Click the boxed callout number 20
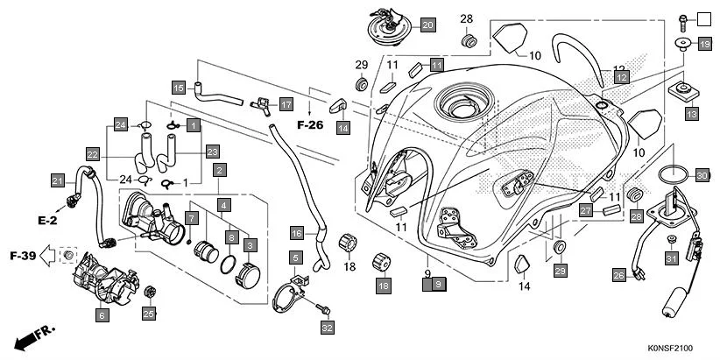coord(427,25)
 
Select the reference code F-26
coord(311,125)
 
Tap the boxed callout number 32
coord(327,328)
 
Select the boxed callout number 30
coord(702,175)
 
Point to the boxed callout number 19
coord(704,43)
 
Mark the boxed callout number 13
coord(691,113)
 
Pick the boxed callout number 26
coord(618,276)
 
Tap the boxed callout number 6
coord(102,314)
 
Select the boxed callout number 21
coord(57,181)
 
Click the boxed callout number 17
coord(286,104)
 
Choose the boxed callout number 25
coord(149,314)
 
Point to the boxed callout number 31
coord(671,258)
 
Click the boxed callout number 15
coord(178,88)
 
